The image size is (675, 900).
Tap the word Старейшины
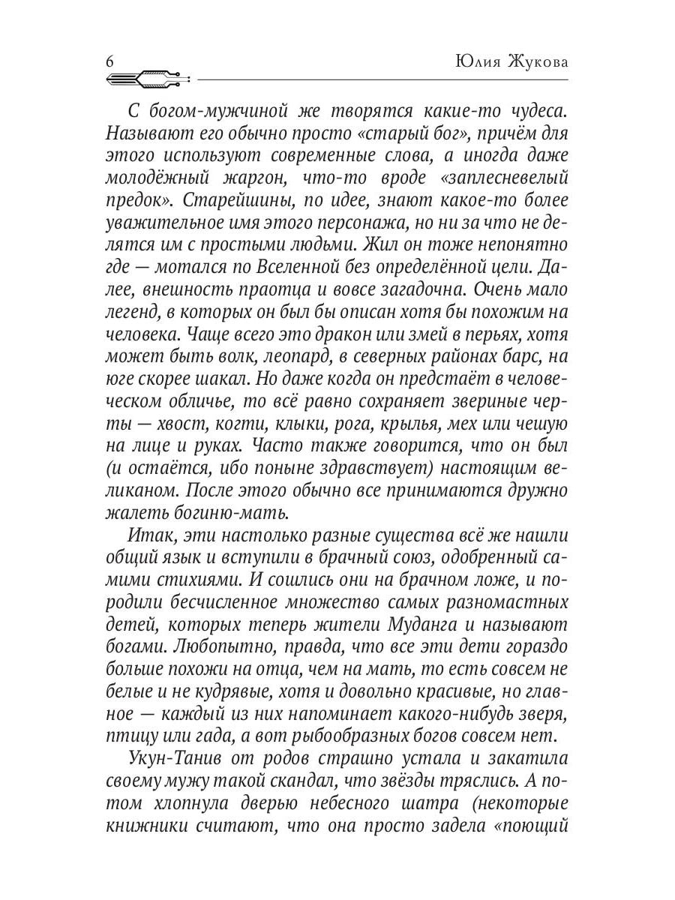[x=231, y=203]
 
